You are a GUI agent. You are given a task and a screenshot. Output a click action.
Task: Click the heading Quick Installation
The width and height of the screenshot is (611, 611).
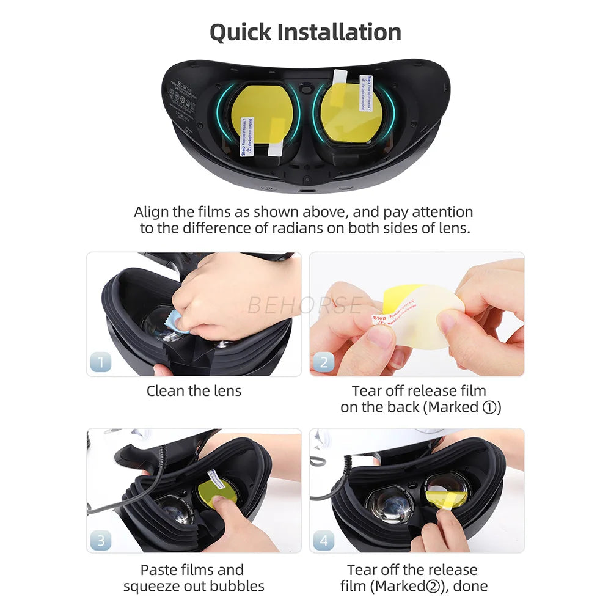(305, 32)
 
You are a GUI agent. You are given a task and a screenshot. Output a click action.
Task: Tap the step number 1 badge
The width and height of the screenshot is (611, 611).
(101, 362)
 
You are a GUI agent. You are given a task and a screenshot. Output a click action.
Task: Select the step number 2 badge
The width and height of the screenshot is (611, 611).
(324, 362)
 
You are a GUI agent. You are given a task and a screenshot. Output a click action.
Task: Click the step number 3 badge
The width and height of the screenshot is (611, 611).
(101, 540)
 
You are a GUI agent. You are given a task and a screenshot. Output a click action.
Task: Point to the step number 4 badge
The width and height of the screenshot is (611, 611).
(324, 540)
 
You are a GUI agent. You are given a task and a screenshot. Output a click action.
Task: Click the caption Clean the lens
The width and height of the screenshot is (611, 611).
(194, 391)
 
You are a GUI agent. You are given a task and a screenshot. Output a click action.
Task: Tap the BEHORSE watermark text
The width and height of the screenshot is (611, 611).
(305, 304)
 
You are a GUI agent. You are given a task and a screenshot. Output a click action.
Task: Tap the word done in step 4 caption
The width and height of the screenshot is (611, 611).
(470, 587)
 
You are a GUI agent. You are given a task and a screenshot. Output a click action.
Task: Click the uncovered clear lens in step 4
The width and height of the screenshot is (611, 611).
(389, 506)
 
